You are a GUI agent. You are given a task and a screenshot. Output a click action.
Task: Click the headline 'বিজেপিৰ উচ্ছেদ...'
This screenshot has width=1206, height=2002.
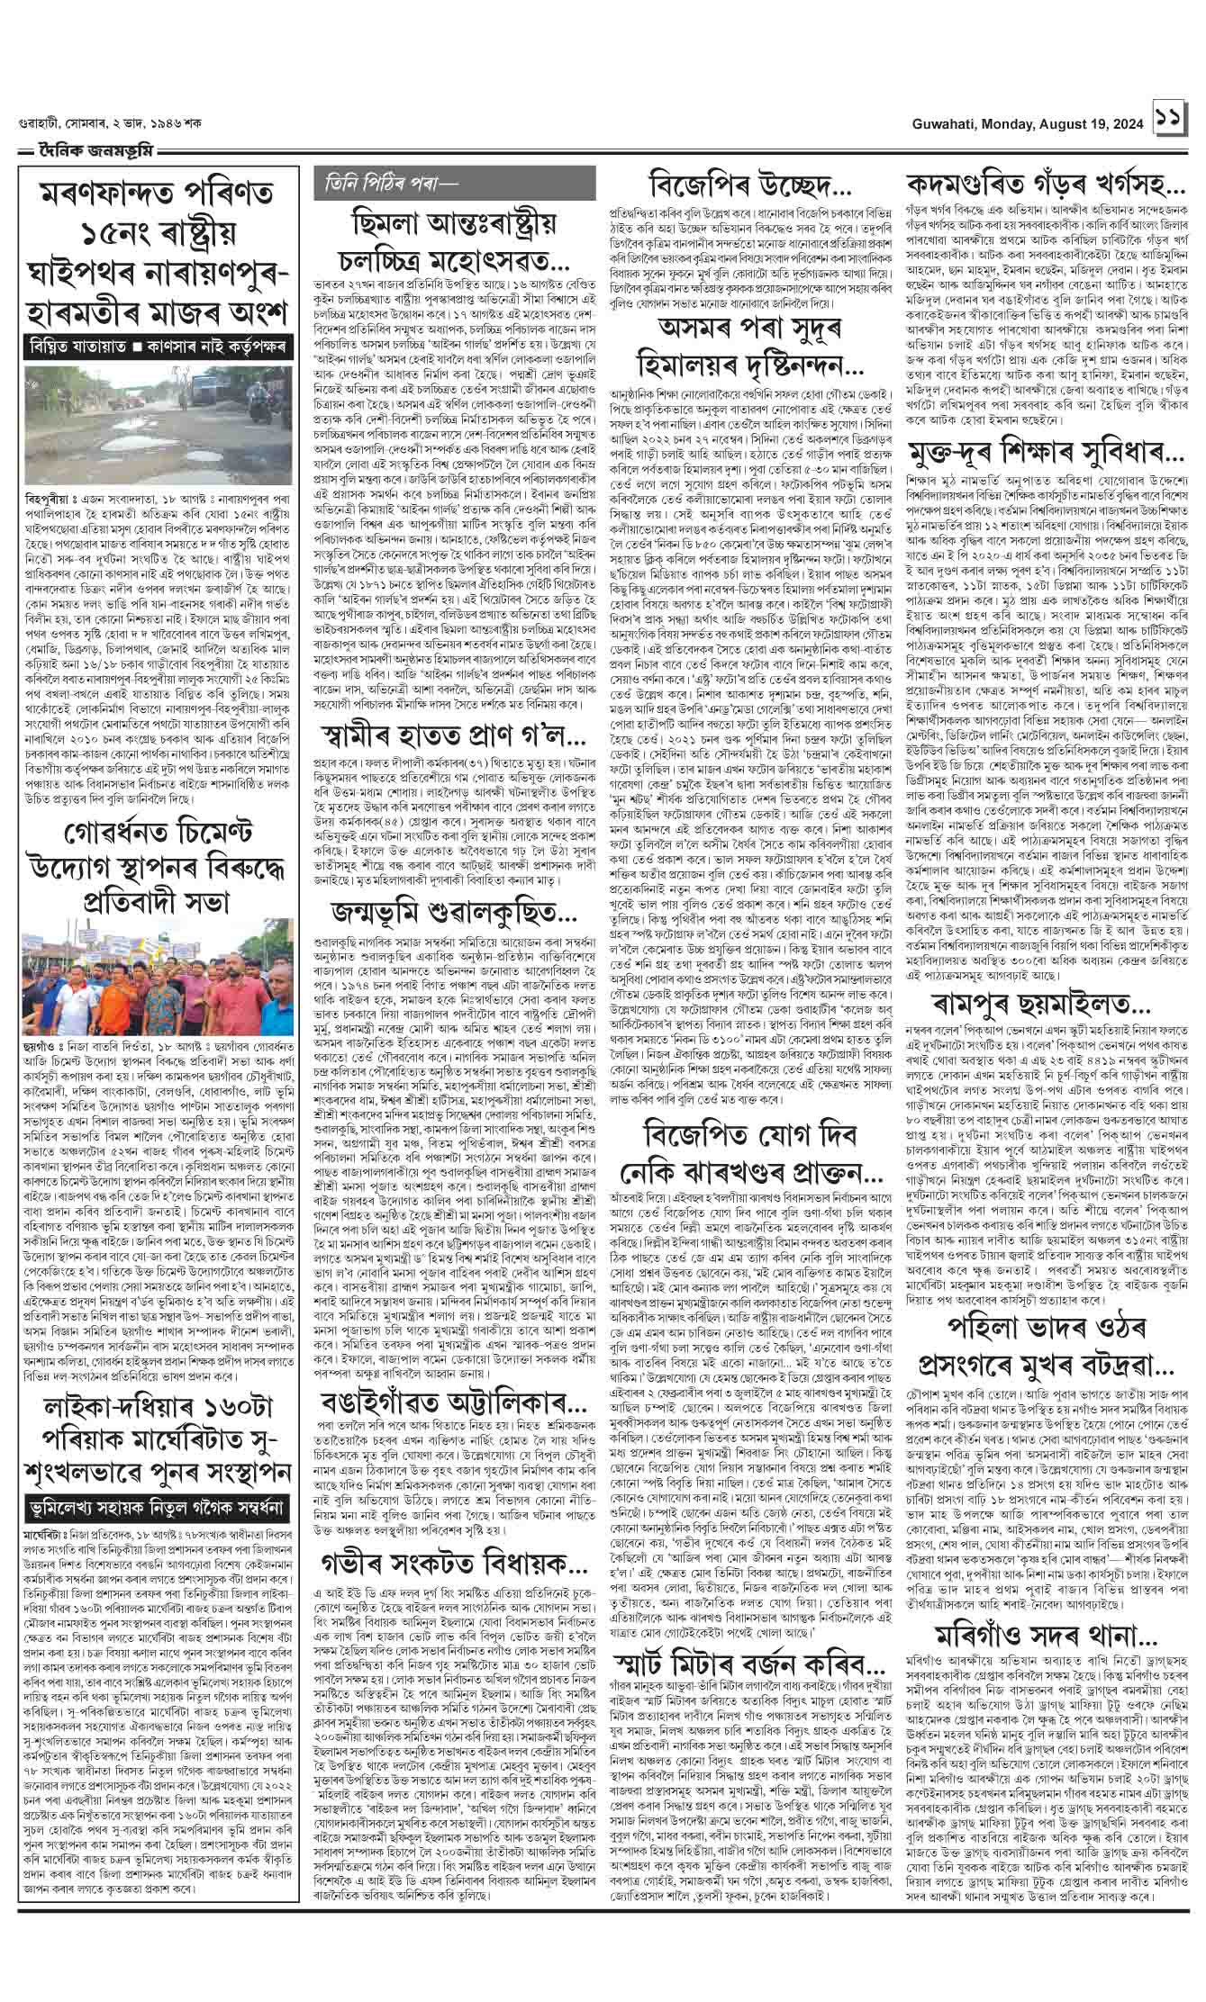[750, 188]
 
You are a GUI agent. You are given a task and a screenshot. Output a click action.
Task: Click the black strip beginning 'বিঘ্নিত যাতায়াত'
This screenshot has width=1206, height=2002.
[156, 344]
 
